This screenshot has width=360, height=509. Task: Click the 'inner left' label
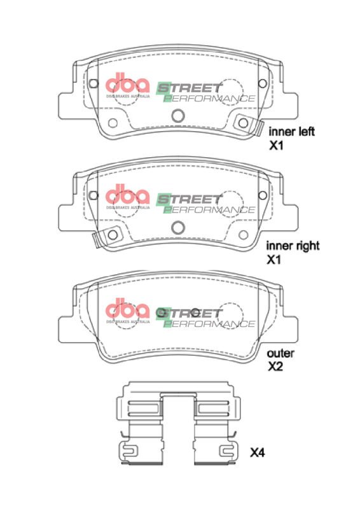[292, 132]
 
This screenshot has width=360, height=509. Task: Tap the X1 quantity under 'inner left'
[275, 146]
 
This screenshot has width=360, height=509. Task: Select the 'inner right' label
[293, 246]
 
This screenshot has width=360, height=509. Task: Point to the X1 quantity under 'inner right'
[275, 260]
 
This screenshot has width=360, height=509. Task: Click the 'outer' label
[280, 352]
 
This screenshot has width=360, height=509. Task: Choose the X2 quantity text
[275, 366]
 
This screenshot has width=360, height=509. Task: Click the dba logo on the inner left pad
[127, 85]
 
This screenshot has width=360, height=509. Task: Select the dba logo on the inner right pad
[127, 195]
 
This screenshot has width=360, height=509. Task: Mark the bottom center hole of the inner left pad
[178, 115]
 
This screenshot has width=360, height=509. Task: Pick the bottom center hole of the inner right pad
[178, 227]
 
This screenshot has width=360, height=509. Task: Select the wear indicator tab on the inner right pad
[98, 239]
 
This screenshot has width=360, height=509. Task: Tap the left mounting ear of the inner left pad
[67, 104]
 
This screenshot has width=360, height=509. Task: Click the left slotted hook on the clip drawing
[129, 452]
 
